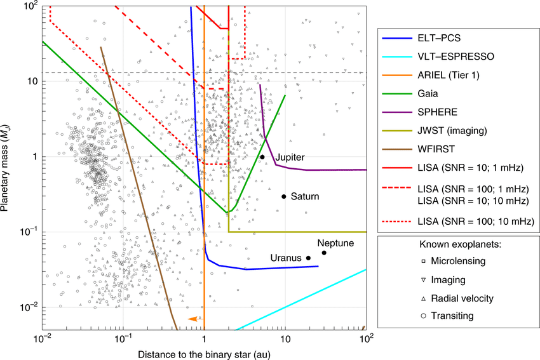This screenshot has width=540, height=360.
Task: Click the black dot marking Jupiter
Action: point(262,157)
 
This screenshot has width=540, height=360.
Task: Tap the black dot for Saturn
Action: point(284,196)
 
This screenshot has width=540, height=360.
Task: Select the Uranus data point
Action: point(308,258)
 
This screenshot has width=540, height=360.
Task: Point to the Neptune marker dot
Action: point(324,253)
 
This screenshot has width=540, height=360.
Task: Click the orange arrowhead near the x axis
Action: point(191,319)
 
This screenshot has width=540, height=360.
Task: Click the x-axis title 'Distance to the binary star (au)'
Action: point(204,352)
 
